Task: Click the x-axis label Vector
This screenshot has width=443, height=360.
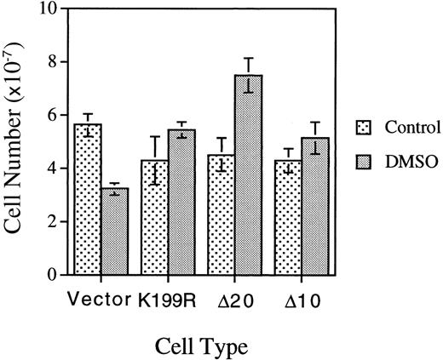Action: [100, 300]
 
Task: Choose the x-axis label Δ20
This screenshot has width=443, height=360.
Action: [235, 300]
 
